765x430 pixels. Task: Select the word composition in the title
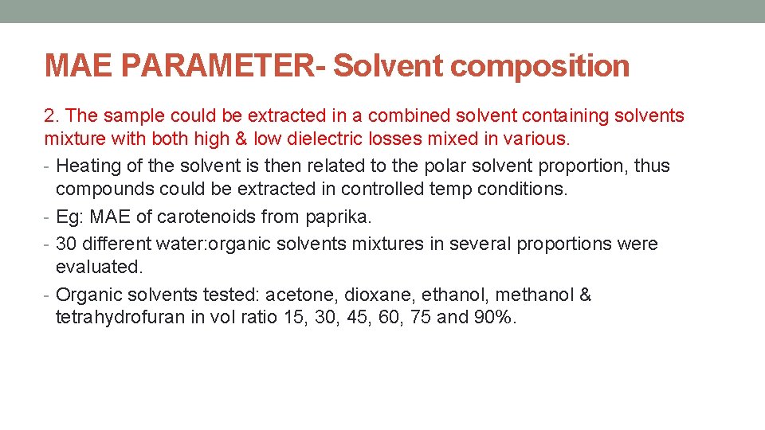[x=539, y=65]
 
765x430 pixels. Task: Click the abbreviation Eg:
[x=70, y=217]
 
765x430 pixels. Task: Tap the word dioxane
[x=375, y=295]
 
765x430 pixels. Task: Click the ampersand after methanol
[x=585, y=295]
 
